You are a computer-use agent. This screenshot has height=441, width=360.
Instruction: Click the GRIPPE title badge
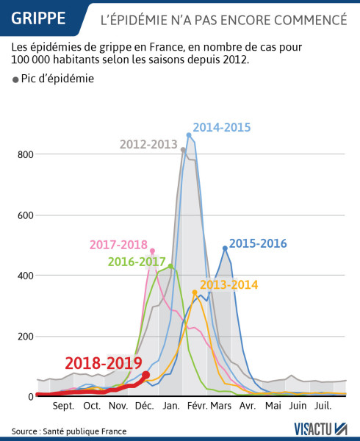tap(39, 17)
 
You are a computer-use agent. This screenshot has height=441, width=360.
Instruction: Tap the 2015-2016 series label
tap(258, 243)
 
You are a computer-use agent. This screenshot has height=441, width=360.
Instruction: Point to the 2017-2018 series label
tap(118, 245)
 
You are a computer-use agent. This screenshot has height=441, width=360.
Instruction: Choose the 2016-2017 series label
tap(137, 261)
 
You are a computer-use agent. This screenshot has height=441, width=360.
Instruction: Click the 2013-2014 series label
tap(228, 284)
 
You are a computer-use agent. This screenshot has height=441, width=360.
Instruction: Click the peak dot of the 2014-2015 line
tap(189, 135)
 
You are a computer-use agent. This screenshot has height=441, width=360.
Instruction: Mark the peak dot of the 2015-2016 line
tap(225, 248)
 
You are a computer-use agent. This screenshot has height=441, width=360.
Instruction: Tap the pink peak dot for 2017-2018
tap(152, 251)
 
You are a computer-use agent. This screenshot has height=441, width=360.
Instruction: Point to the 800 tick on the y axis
tap(24, 154)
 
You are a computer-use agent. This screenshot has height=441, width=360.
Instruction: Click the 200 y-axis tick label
tap(24, 337)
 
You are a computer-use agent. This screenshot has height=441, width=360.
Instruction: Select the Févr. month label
tap(197, 406)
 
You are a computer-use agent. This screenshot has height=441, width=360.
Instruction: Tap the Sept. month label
tap(62, 406)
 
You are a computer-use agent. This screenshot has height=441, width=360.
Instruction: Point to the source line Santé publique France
tap(69, 431)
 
